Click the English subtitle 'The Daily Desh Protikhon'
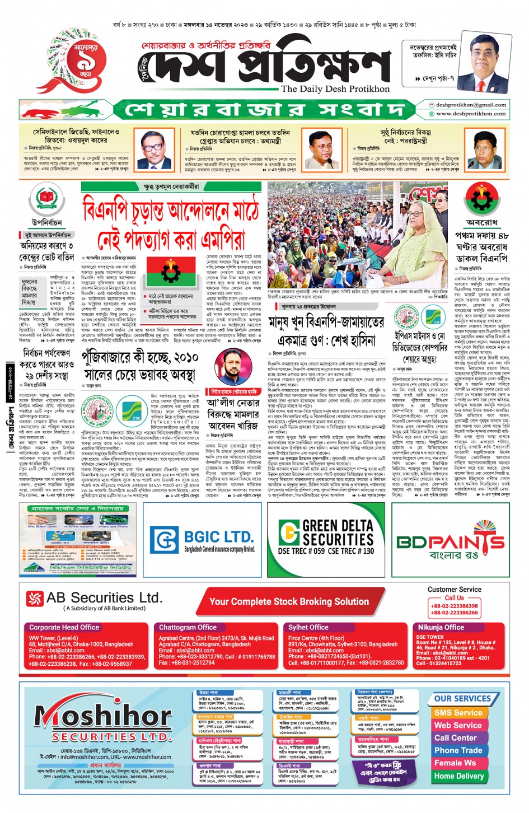[335, 89]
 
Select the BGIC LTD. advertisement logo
[202, 540]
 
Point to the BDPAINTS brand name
[451, 542]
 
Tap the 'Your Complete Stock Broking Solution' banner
[289, 602]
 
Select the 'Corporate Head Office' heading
[64, 628]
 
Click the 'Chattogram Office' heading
[188, 628]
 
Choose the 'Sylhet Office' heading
[308, 628]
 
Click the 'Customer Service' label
[454, 590]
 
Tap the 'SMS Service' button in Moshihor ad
[458, 713]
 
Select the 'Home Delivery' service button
[458, 776]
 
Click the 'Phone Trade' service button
[458, 751]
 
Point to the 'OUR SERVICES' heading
[462, 699]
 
